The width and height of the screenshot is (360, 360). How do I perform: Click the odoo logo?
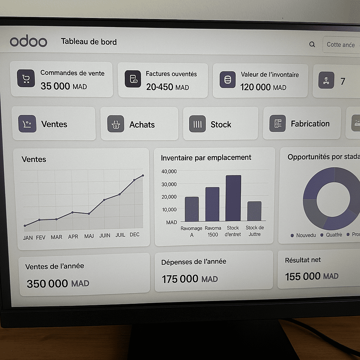pyautogui.click(x=28, y=41)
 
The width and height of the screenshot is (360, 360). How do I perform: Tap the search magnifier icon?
pyautogui.click(x=312, y=44)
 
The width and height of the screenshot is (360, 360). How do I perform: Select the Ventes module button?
pyautogui.click(x=54, y=124)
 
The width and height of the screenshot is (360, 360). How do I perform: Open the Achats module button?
pyautogui.click(x=140, y=124)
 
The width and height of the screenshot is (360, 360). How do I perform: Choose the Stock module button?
pyautogui.click(x=220, y=124)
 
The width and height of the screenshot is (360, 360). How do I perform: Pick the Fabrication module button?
pyautogui.click(x=302, y=123)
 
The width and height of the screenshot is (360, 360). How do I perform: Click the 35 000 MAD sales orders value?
pyautogui.click(x=64, y=86)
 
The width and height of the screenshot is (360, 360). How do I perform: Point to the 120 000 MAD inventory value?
pyautogui.click(x=263, y=87)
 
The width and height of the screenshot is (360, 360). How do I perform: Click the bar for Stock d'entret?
pyautogui.click(x=233, y=198)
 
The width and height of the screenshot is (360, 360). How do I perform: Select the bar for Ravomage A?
pyautogui.click(x=192, y=209)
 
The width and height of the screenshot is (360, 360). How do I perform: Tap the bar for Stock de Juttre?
pyautogui.click(x=254, y=211)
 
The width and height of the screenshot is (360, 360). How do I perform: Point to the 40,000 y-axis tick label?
pyautogui.click(x=169, y=171)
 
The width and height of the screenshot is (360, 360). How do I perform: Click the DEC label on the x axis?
pyautogui.click(x=134, y=234)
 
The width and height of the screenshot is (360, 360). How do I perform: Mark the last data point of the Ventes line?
pyautogui.click(x=143, y=175)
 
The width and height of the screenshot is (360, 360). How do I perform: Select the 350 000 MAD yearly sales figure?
pyautogui.click(x=58, y=283)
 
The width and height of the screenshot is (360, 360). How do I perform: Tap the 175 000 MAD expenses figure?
pyautogui.click(x=190, y=279)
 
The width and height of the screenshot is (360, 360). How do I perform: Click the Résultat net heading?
pyautogui.click(x=303, y=260)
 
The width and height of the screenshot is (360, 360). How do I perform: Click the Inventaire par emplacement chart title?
pyautogui.click(x=206, y=157)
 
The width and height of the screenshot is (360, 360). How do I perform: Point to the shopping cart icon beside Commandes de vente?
pyautogui.click(x=26, y=78)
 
